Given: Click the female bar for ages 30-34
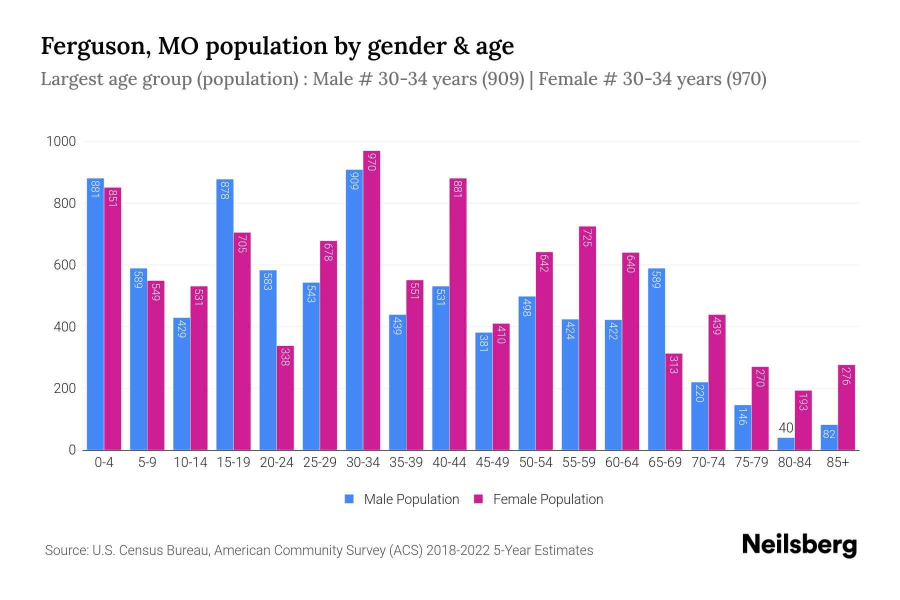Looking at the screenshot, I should (371, 300).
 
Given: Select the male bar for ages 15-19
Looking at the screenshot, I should (225, 315).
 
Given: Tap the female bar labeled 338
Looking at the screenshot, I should (285, 397).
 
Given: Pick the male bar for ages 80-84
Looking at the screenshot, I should (786, 444).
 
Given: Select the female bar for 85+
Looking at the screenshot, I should (846, 407).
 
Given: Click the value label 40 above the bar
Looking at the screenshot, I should (786, 428).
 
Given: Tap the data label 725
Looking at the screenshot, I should (587, 237).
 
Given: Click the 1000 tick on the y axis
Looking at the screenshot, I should (61, 142).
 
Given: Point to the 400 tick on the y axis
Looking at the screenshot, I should (64, 327).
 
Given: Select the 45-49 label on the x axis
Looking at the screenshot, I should (492, 462).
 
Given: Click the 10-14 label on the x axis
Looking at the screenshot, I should (190, 462).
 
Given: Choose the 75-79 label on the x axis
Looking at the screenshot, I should (751, 462).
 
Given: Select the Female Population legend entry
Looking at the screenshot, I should (538, 499).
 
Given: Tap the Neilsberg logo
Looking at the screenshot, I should (799, 545).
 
